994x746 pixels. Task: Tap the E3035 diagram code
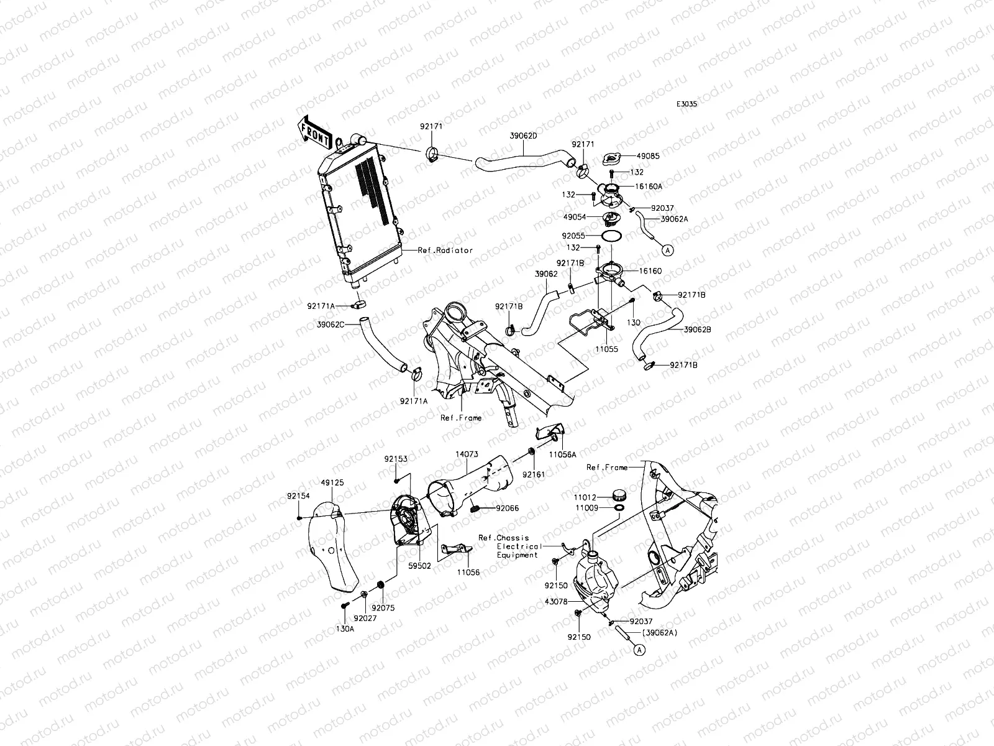(x=687, y=105)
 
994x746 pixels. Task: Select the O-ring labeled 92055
(x=611, y=236)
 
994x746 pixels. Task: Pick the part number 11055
(x=606, y=349)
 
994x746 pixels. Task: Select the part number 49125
(x=332, y=482)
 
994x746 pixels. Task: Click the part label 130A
(x=345, y=629)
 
